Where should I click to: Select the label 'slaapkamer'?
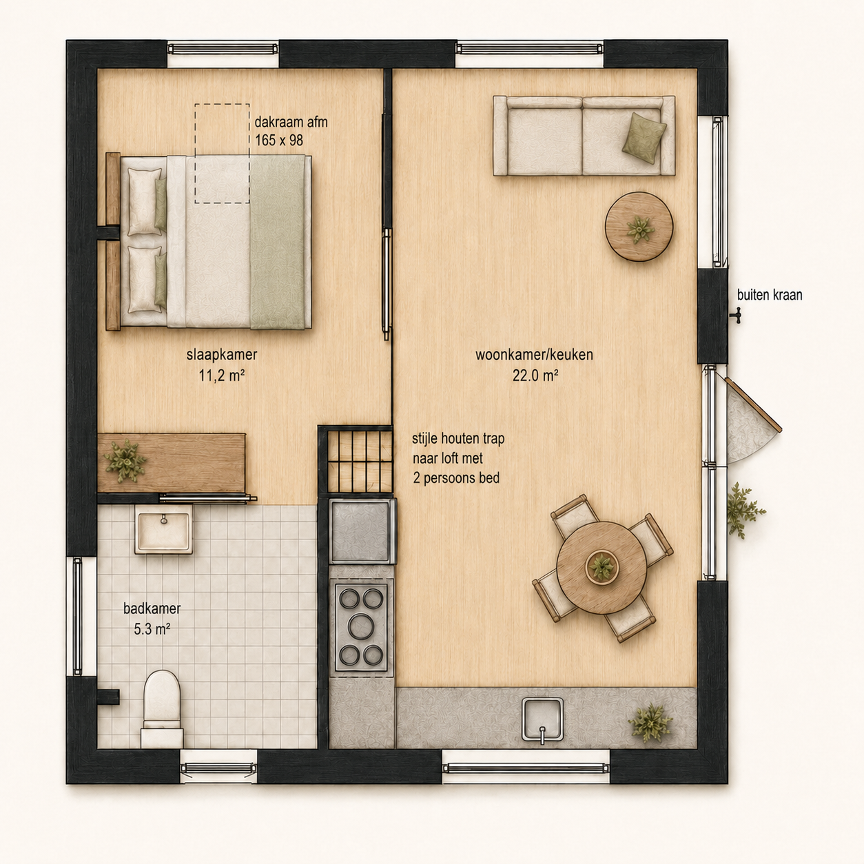pyautogui.click(x=222, y=355)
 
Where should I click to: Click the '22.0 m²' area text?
pyautogui.click(x=535, y=376)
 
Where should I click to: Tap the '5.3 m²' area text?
pyautogui.click(x=152, y=629)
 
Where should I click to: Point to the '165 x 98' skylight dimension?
pyautogui.click(x=279, y=141)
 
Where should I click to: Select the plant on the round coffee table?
pyautogui.click(x=639, y=229)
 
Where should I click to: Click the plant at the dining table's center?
pyautogui.click(x=601, y=567)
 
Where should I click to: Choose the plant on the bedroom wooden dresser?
pyautogui.click(x=125, y=462)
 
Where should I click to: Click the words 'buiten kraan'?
pyautogui.click(x=770, y=295)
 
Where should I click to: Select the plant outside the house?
pyautogui.click(x=743, y=511)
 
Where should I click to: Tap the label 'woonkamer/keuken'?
pyautogui.click(x=535, y=355)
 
